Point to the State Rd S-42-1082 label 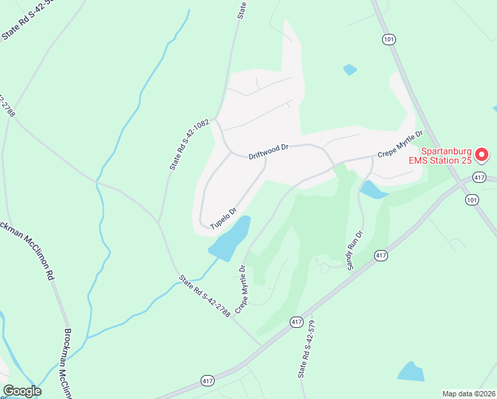click(x=189, y=144)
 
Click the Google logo click(x=22, y=392)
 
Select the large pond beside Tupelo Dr click(x=230, y=239)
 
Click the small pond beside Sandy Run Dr click(x=373, y=190)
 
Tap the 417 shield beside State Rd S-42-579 click(x=296, y=323)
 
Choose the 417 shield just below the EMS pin click(x=480, y=177)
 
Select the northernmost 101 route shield click(x=389, y=40)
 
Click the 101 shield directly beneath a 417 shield click(x=472, y=199)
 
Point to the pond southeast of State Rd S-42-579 click(x=411, y=372)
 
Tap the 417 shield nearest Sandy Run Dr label click(x=381, y=255)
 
